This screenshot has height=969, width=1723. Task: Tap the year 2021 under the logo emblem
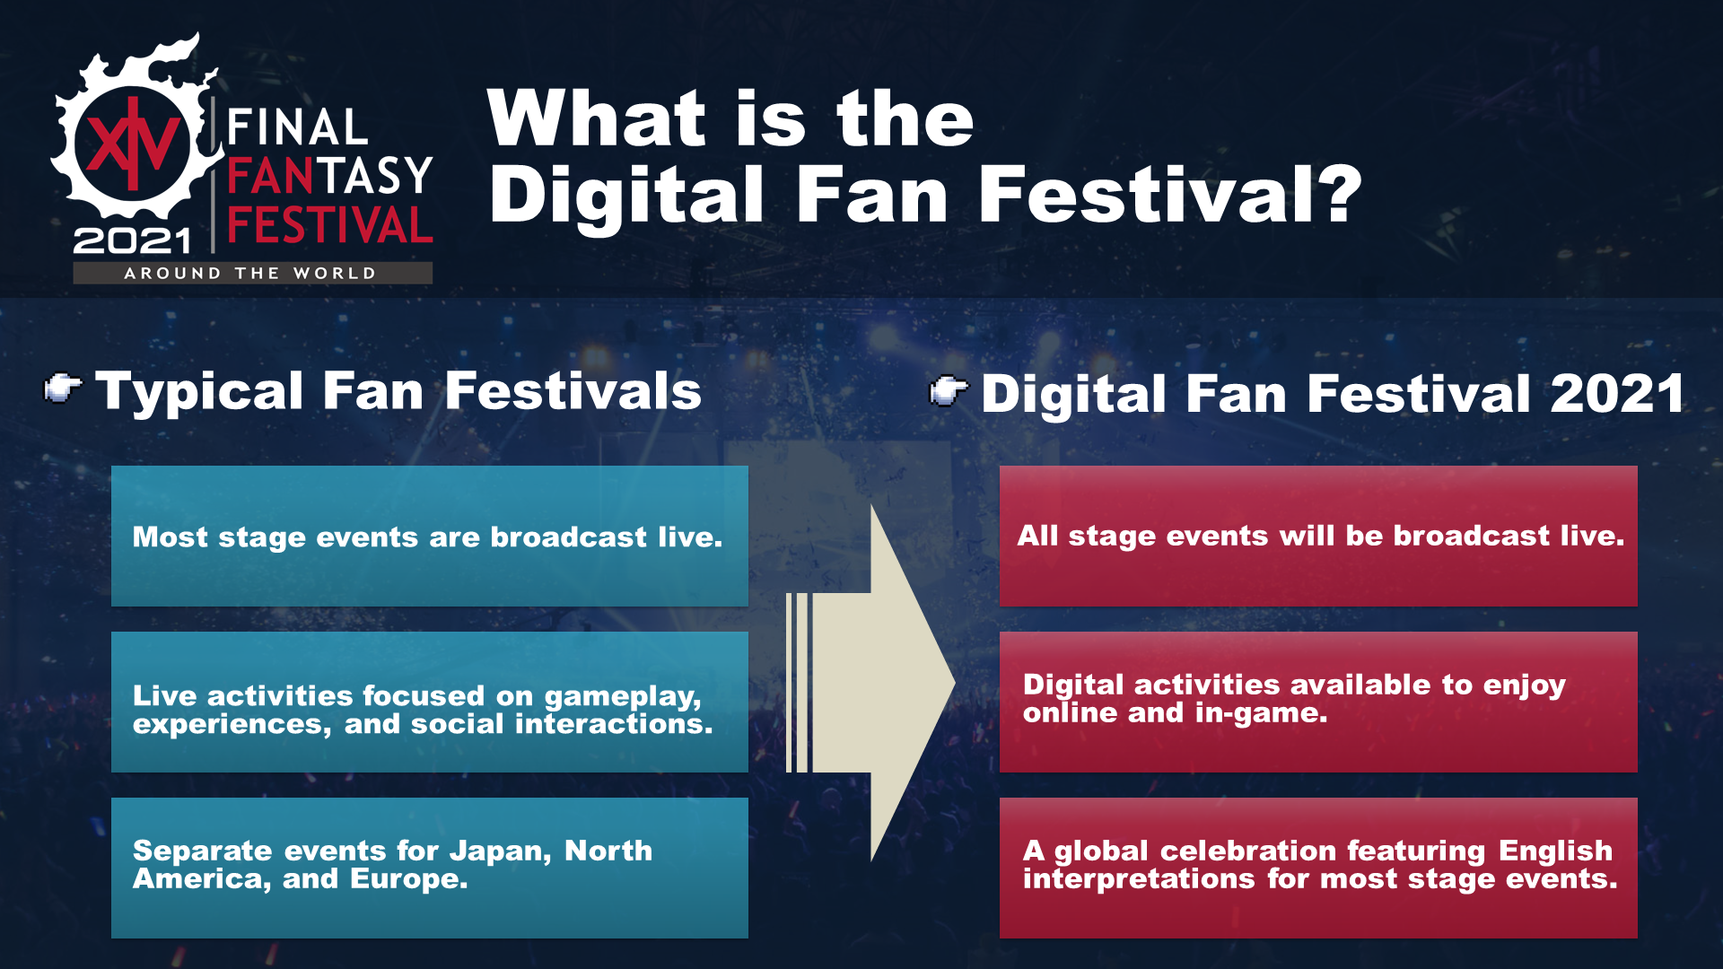point(132,240)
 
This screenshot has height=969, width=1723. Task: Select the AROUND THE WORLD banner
point(252,273)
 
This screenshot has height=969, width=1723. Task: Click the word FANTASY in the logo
point(330,176)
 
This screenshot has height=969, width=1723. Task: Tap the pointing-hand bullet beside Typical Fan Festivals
point(63,388)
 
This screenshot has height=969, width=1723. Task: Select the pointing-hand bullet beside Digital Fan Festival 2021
point(949,390)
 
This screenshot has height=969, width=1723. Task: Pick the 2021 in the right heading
point(1617,394)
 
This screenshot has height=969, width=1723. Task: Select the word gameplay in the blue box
point(623,697)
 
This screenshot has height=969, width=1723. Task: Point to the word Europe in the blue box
point(408,879)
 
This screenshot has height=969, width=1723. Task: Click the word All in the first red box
point(1036,536)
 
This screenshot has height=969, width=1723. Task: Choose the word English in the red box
point(1555,851)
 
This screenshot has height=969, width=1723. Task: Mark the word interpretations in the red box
point(1139,878)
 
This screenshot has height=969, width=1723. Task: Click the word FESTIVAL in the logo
point(330,225)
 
